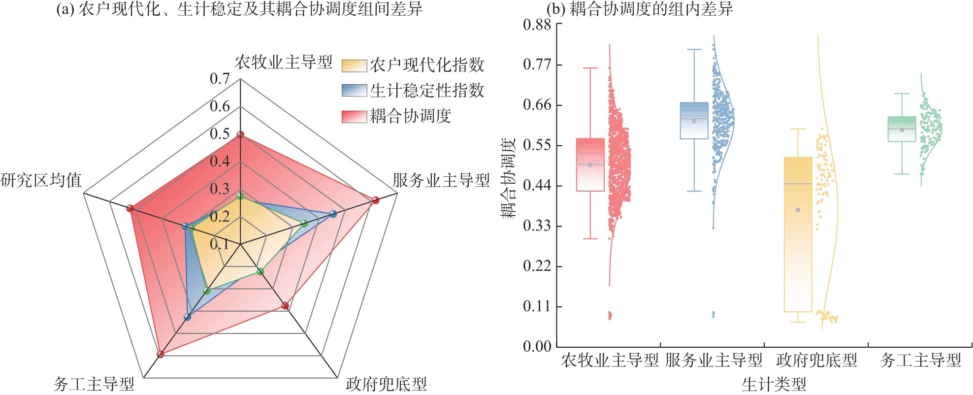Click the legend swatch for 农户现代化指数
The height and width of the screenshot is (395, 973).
pyautogui.click(x=354, y=65)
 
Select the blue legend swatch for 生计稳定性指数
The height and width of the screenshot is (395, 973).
pyautogui.click(x=354, y=91)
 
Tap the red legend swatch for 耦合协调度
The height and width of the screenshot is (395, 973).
pyautogui.click(x=354, y=116)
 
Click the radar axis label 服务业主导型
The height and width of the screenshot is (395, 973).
pyautogui.click(x=441, y=180)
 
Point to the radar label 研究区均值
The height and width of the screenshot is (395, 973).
pyautogui.click(x=41, y=180)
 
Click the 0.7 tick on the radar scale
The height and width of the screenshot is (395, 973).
pyautogui.click(x=220, y=79)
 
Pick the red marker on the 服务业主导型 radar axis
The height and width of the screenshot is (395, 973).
pyautogui.click(x=376, y=200)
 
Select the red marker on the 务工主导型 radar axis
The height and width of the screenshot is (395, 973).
pyautogui.click(x=160, y=354)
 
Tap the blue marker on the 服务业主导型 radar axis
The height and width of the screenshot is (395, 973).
pyautogui.click(x=333, y=214)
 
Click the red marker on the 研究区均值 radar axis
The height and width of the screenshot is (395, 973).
pyautogui.click(x=130, y=208)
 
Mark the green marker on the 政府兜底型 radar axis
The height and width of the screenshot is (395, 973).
pyautogui.click(x=260, y=271)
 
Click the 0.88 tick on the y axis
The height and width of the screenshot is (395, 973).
pyautogui.click(x=537, y=25)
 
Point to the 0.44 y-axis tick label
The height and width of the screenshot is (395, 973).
pyautogui.click(x=537, y=186)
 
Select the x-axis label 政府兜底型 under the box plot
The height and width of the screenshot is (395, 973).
pyautogui.click(x=816, y=361)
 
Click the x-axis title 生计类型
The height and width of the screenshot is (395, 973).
pyautogui.click(x=774, y=384)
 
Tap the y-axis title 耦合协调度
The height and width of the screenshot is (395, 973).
pyautogui.click(x=508, y=178)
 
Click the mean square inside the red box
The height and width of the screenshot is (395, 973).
pyautogui.click(x=590, y=165)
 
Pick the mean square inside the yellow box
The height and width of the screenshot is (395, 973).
pyautogui.click(x=798, y=210)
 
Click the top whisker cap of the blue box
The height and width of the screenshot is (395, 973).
pyautogui.click(x=694, y=50)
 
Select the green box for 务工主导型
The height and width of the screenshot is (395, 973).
pyautogui.click(x=902, y=129)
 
